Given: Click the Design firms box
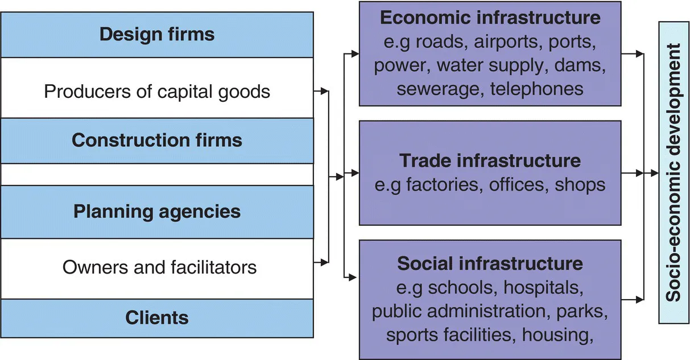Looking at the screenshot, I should coord(157,34).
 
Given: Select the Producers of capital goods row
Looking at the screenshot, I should coord(157,91).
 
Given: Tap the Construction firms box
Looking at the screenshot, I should coord(157,140).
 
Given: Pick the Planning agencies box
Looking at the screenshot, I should coord(157,212).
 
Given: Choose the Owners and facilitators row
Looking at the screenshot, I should coord(159,267).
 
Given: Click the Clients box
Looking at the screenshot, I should coord(157,317).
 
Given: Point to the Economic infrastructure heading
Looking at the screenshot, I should coord(490,18).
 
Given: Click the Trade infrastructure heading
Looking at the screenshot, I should coord(490,160).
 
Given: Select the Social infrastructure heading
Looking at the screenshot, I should coord(490,263).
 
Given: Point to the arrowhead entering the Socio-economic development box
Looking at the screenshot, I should coord(655,172).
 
